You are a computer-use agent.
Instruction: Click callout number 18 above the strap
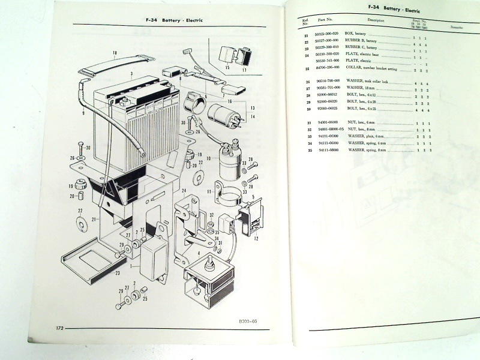pyautogui.click(x=115, y=53)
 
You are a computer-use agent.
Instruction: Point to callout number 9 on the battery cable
pyautogui.click(x=83, y=113)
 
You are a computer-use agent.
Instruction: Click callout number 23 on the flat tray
pyautogui.click(x=118, y=273)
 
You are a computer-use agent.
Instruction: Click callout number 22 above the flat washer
pyautogui.click(x=79, y=211)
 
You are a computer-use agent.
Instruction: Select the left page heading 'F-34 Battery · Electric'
pyautogui.click(x=174, y=20)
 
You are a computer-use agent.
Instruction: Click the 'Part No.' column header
pyautogui.click(x=326, y=20)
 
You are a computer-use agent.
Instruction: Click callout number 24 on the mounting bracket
pyautogui.click(x=184, y=191)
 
